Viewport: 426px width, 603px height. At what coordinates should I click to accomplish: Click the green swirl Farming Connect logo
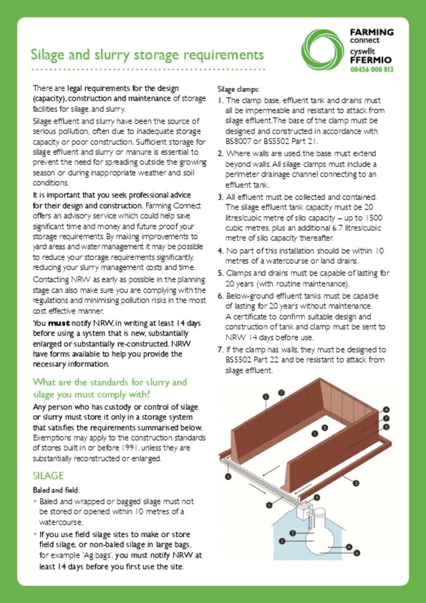[322, 49]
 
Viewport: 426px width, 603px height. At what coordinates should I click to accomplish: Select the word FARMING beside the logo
[371, 32]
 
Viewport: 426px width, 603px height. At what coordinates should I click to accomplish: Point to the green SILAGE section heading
[48, 476]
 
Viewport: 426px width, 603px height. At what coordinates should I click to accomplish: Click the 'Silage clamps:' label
[234, 90]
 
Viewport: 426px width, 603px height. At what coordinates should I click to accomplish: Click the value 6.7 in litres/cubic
[322, 228]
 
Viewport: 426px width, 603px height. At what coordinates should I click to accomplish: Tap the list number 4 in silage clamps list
[220, 251]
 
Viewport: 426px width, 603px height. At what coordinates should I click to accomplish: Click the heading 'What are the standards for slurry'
[110, 382]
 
